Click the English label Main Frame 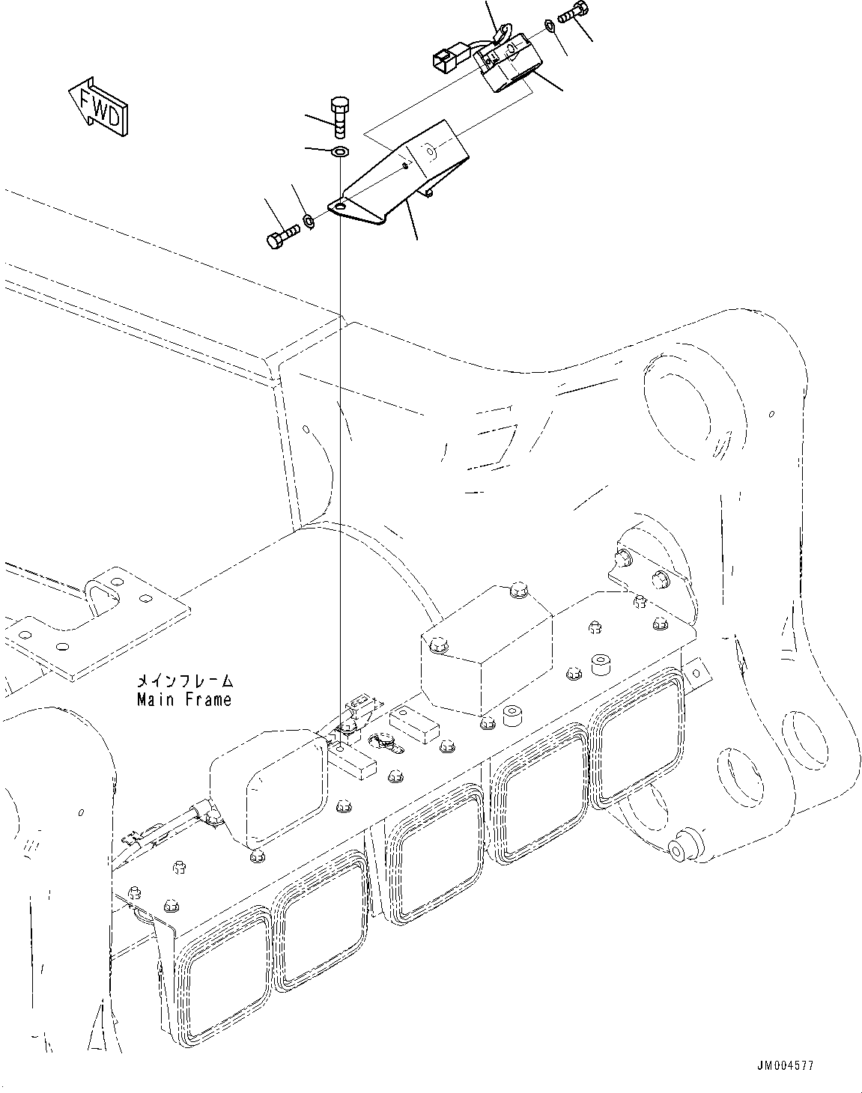tap(183, 700)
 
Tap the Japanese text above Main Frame tap(183, 682)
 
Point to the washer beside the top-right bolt tap(550, 27)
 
